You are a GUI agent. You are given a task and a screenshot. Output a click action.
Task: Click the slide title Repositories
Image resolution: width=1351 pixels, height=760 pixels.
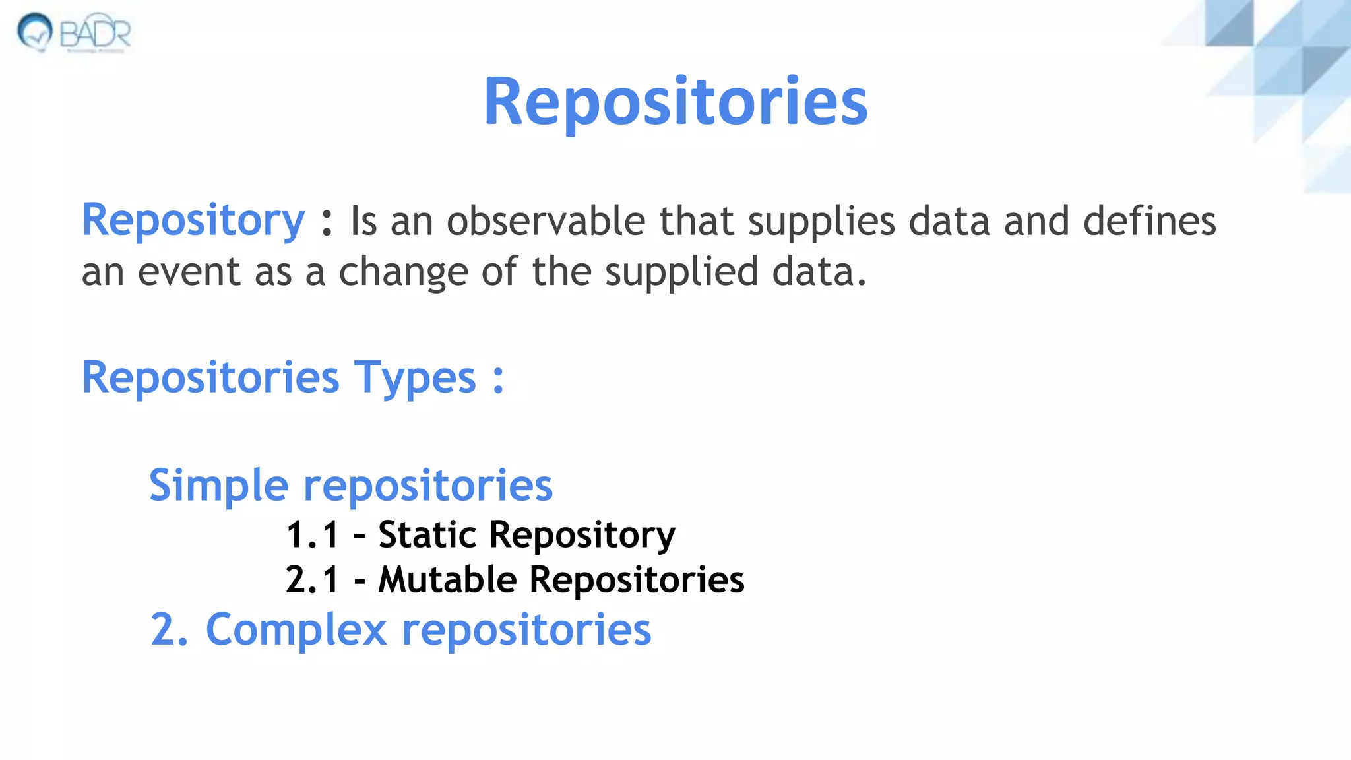point(675,102)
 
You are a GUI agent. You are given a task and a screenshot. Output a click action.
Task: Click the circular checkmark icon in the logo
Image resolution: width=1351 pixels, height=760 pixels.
point(35,31)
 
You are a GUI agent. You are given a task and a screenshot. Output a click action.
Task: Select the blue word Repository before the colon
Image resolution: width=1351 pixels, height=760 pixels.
point(193,221)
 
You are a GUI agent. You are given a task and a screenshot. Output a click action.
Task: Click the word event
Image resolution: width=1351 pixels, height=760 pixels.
point(189,272)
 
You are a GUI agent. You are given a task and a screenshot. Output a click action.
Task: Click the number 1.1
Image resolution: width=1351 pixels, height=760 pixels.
point(312,534)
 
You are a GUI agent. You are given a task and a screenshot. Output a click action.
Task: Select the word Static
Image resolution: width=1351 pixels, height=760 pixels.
point(427,534)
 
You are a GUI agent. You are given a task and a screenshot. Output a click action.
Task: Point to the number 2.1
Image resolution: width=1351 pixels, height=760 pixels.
point(312,580)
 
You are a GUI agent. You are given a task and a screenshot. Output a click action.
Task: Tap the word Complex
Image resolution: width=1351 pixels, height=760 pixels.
point(296,629)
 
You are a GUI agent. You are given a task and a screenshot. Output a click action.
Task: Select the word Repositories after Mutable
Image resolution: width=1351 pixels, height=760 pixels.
point(637,580)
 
